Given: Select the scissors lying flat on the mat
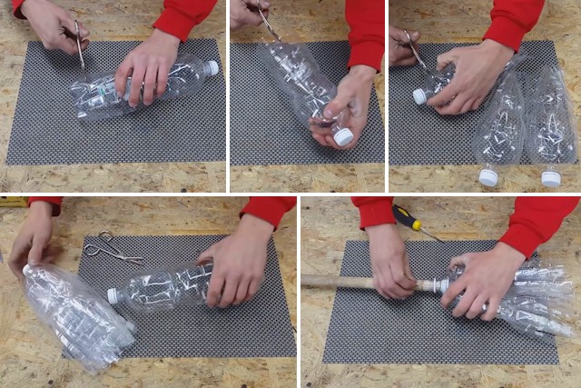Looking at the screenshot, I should [x=113, y=248].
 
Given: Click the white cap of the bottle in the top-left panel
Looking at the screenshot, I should [x=212, y=68].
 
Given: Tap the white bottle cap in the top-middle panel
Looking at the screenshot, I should [x=343, y=136].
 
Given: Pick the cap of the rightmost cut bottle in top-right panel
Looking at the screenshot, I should [x=550, y=178].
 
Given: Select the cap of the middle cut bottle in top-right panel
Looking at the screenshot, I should [x=488, y=177].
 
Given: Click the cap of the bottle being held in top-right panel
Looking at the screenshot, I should [x=419, y=95].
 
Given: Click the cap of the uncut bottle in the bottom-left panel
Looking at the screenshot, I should [x=113, y=296].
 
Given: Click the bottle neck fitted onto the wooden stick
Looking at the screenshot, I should [x=440, y=285].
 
